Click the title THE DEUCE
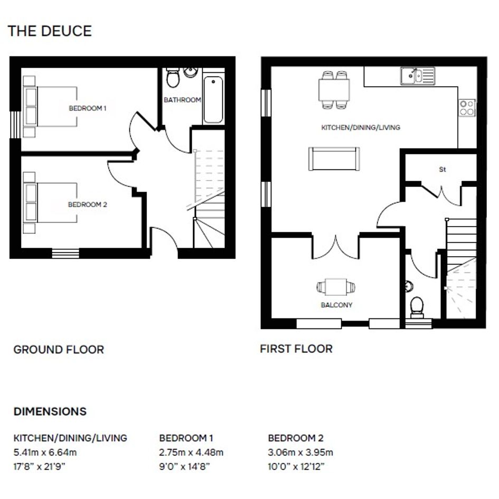(x=50, y=31)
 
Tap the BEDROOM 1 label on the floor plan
(x=88, y=108)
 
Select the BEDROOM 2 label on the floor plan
(x=88, y=205)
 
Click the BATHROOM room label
(x=182, y=100)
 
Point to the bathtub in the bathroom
(x=213, y=100)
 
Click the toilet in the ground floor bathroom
(x=173, y=77)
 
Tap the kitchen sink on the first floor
(x=418, y=76)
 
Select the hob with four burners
(x=467, y=108)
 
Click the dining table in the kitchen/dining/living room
(x=334, y=90)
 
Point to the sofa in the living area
(x=334, y=159)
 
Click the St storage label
(x=442, y=170)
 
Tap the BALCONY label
(x=336, y=305)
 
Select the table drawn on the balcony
(x=336, y=287)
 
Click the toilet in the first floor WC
(x=417, y=307)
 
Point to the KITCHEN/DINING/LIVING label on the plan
(x=361, y=128)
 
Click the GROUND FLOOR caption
(x=59, y=350)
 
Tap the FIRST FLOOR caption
(x=296, y=349)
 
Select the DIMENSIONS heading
(x=50, y=411)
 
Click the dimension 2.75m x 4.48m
(x=191, y=452)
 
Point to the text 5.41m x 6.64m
(x=45, y=452)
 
